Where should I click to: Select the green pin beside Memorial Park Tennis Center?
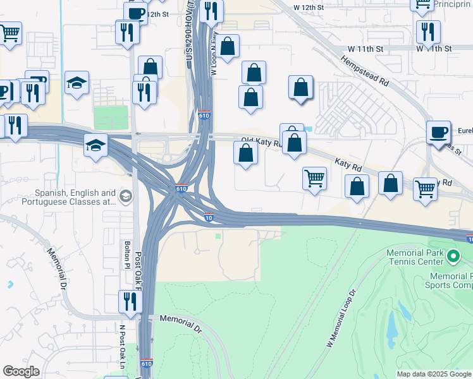pyautogui.click(x=453, y=256)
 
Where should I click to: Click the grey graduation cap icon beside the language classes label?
pyautogui.click(x=125, y=196)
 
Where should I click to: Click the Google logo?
pyautogui.click(x=21, y=371)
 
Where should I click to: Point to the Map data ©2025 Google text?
pyautogui.click(x=434, y=374)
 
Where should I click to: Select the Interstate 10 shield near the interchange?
pyautogui.click(x=209, y=218)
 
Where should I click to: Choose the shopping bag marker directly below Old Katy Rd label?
pyautogui.click(x=246, y=153)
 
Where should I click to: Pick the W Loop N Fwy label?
pyautogui.click(x=214, y=54)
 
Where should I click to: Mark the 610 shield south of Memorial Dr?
pyautogui.click(x=147, y=363)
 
